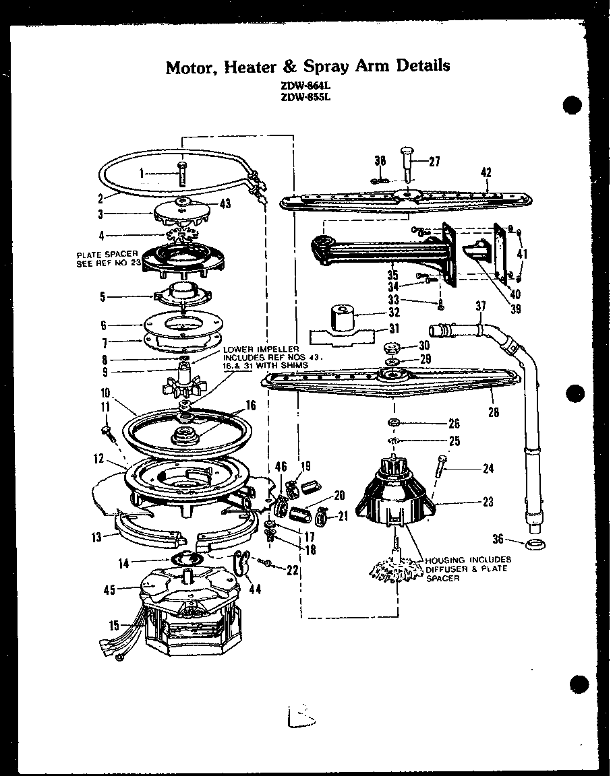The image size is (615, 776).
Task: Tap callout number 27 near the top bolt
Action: pos(434,161)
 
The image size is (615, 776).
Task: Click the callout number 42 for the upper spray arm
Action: pos(486,172)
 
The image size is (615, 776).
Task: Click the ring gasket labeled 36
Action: pos(535,543)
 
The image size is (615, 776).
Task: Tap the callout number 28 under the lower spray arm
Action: pos(493,412)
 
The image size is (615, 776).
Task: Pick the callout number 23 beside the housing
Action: pos(488,501)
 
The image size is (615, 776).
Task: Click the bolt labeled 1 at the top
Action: pos(181,174)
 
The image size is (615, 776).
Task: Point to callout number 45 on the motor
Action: pos(110,589)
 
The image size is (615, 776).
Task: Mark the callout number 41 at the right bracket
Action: pos(523,254)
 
